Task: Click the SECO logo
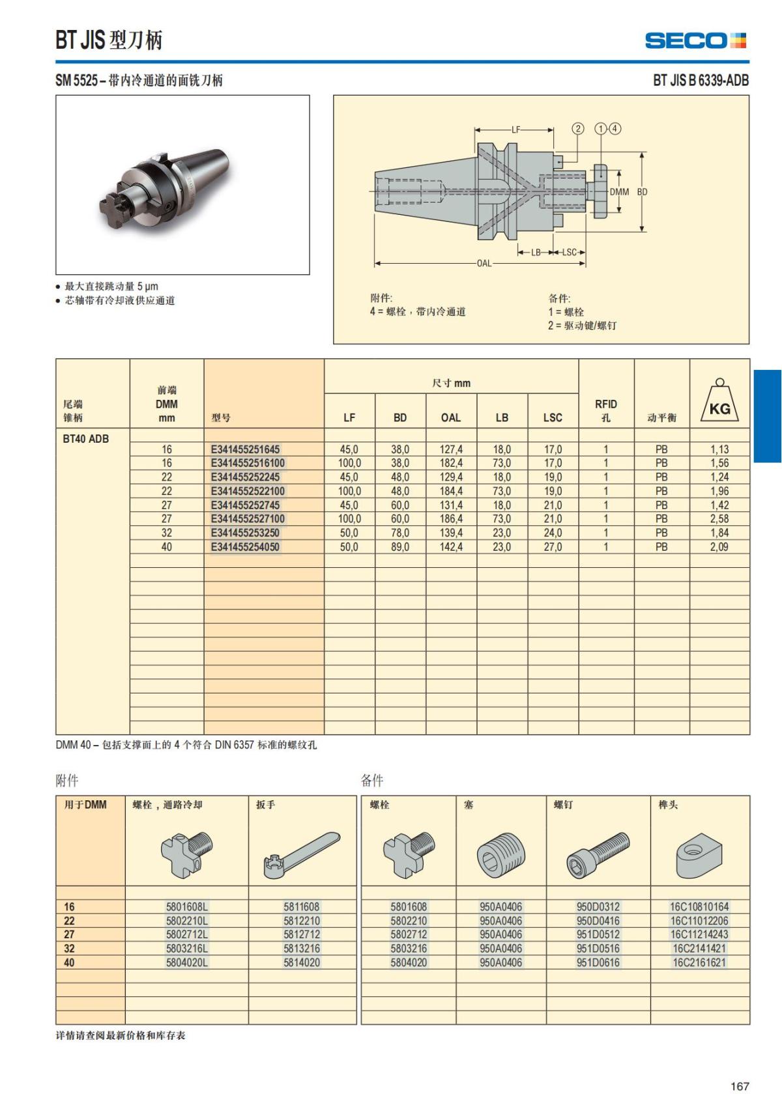pyautogui.click(x=695, y=40)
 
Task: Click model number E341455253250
pyautogui.click(x=245, y=533)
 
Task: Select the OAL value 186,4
pyautogui.click(x=450, y=519)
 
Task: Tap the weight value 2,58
pyautogui.click(x=719, y=519)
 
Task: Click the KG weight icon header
pyautogui.click(x=719, y=400)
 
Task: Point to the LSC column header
pyautogui.click(x=553, y=417)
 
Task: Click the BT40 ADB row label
pyautogui.click(x=86, y=439)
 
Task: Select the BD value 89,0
pyautogui.click(x=400, y=547)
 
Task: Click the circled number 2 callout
pyautogui.click(x=578, y=128)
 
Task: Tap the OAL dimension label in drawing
pyautogui.click(x=484, y=264)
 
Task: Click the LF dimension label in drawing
pyautogui.click(x=515, y=130)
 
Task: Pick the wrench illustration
pyautogui.click(x=302, y=854)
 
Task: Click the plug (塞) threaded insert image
pyautogui.click(x=500, y=854)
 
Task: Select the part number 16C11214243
pyautogui.click(x=699, y=934)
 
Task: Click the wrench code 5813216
pyautogui.click(x=302, y=948)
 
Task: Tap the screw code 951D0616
pyautogui.click(x=598, y=962)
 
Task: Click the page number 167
pyautogui.click(x=740, y=1086)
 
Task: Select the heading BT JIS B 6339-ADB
pyautogui.click(x=701, y=81)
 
